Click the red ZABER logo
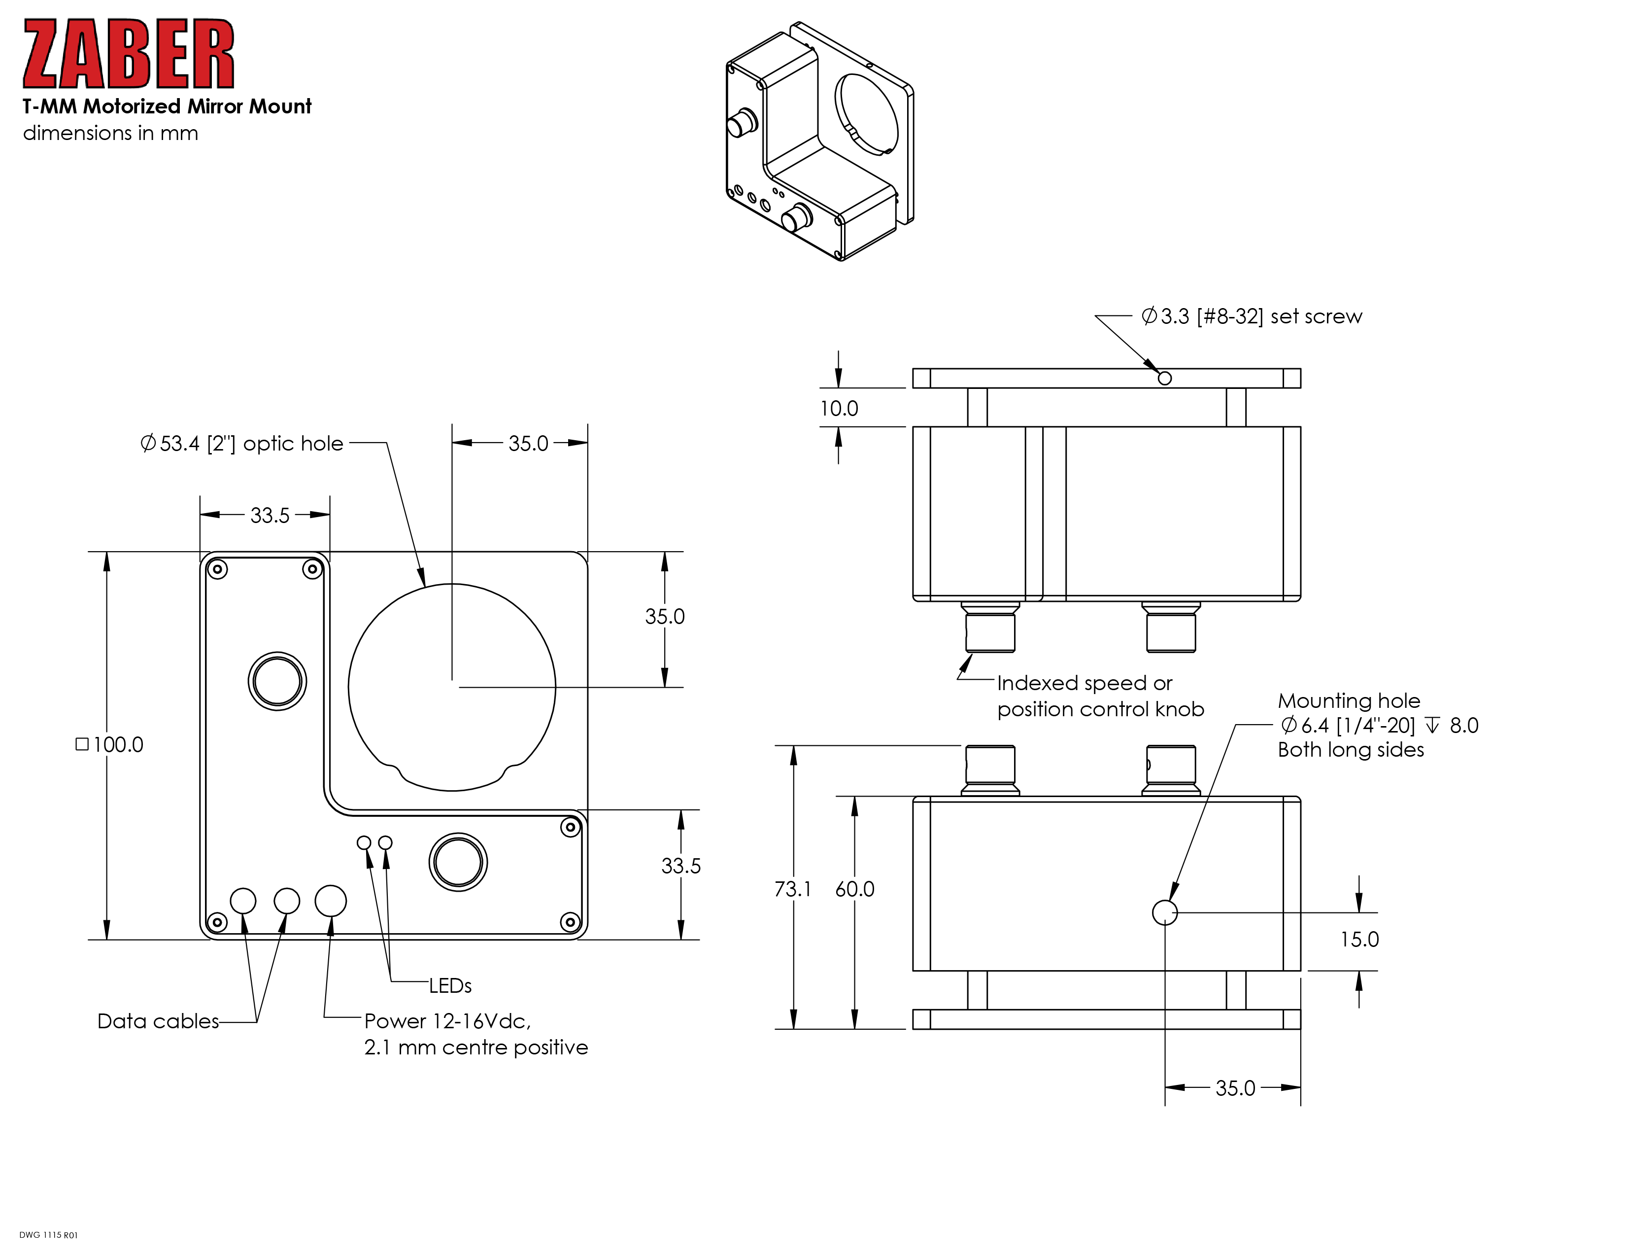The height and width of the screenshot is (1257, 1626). (128, 54)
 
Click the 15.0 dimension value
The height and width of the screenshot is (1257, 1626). (1359, 940)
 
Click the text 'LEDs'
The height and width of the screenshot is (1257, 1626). (450, 986)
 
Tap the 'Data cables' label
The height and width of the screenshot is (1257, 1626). (158, 1021)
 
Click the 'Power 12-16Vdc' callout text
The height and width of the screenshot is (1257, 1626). (447, 1020)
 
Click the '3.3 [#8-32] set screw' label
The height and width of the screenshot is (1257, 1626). (1252, 316)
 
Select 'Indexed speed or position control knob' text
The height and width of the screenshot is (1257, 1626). (1100, 696)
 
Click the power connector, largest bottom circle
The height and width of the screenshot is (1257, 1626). (331, 901)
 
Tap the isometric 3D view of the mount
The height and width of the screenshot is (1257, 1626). (819, 141)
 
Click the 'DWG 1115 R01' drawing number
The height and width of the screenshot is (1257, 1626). (48, 1235)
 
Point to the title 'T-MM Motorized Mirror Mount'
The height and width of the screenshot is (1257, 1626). (167, 106)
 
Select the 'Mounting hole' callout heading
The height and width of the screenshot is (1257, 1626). (1348, 701)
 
